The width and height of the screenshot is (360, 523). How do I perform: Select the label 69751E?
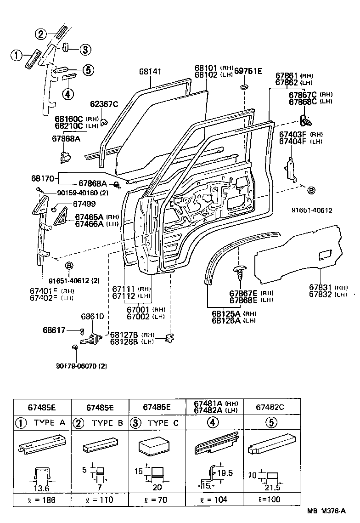[247, 71]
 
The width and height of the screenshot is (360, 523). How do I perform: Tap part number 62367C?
[104, 104]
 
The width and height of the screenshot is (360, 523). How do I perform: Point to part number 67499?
[72, 204]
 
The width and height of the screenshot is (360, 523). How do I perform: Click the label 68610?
[92, 317]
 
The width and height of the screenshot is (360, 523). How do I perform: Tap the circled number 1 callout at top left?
[16, 56]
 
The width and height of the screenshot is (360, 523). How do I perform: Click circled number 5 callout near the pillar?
[88, 70]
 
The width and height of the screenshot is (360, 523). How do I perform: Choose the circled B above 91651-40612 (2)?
[69, 266]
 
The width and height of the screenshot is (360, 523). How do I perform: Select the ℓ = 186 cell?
[42, 500]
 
